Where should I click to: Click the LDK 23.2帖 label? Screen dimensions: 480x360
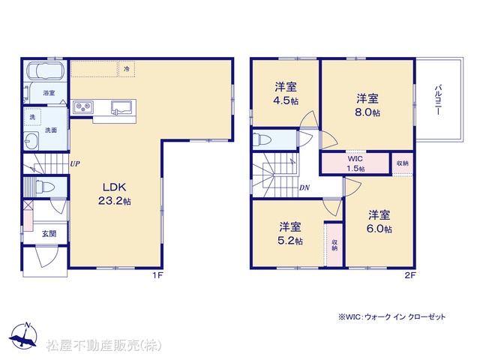point(115,193)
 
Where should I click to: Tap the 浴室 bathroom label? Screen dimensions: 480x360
point(49,93)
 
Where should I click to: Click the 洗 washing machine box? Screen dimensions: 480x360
point(32,117)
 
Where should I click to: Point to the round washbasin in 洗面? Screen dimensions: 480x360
point(31,141)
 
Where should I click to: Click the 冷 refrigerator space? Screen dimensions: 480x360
point(127,69)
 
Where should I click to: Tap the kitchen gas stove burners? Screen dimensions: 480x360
point(83,106)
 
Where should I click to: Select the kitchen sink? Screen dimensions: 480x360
point(121,107)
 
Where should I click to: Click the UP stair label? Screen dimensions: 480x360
point(75,163)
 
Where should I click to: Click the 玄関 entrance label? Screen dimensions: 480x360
point(49,234)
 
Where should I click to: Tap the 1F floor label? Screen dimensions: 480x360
point(158,275)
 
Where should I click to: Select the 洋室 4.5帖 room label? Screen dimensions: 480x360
point(286,94)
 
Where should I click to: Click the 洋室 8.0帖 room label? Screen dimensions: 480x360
point(367,105)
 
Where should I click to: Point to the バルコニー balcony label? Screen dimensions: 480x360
point(438,100)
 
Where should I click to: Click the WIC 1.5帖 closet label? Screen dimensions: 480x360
point(355,163)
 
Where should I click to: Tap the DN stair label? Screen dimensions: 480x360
point(304,187)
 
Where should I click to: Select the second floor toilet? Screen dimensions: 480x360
point(262,139)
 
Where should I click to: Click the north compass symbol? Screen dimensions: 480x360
point(23,335)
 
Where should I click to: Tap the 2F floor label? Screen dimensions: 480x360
point(410,275)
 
